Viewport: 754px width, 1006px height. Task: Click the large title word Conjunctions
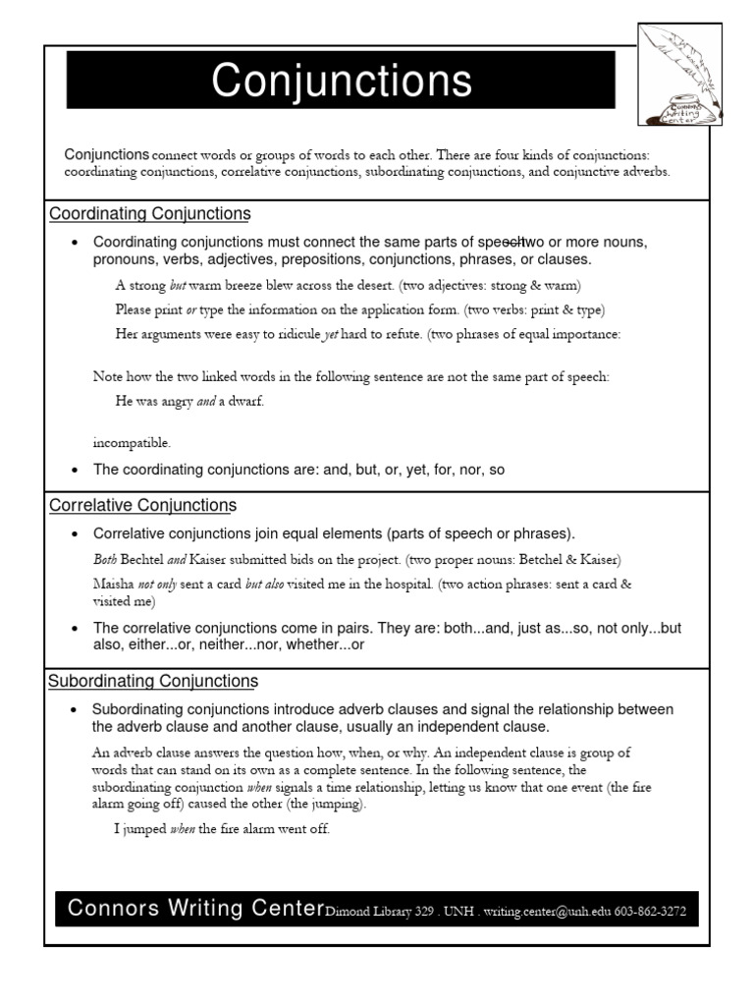tap(342, 82)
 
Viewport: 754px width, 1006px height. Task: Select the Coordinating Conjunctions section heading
tap(149, 214)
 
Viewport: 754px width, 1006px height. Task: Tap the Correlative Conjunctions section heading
tap(142, 506)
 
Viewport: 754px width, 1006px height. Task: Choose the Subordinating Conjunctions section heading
tap(153, 681)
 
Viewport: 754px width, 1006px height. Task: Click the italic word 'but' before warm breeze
tap(178, 286)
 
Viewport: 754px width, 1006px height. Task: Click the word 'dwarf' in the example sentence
tap(245, 401)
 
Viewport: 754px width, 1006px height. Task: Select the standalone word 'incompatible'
tap(132, 442)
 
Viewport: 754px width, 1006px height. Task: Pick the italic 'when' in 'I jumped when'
tap(183, 829)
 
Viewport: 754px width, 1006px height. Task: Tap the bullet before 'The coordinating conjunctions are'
tap(76, 471)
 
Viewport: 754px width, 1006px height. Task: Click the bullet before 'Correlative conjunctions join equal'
tap(76, 534)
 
